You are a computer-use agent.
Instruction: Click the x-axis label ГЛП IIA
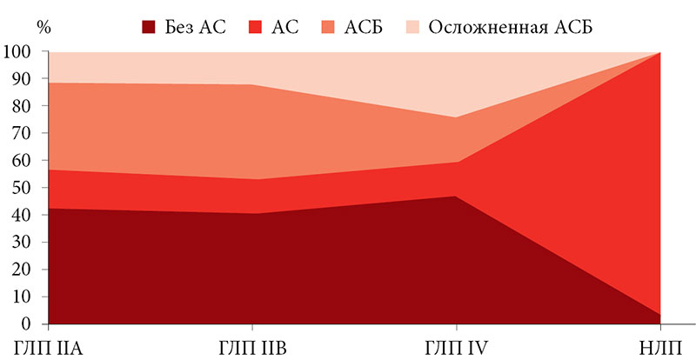[49, 348]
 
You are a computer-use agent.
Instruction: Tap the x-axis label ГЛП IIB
[252, 348]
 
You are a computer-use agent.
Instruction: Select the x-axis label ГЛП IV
[455, 348]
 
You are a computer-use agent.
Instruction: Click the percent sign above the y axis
[43, 25]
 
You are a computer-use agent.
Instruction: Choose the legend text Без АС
[196, 26]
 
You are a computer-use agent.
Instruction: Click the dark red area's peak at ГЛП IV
[455, 197]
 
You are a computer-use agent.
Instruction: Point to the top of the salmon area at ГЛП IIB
[252, 85]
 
